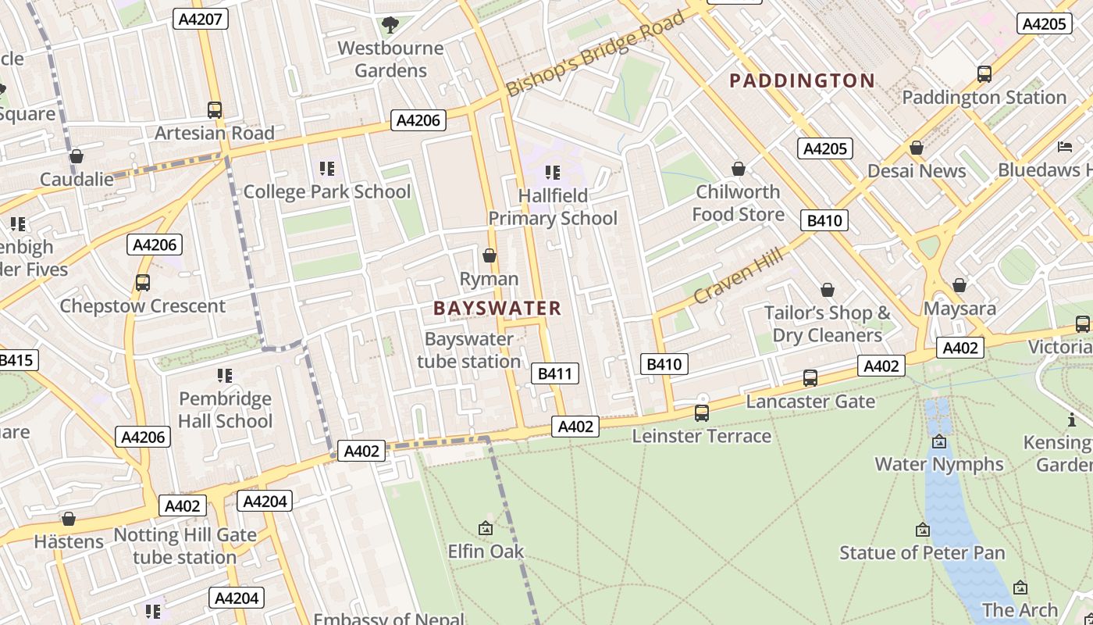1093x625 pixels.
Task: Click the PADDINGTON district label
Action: pos(802,80)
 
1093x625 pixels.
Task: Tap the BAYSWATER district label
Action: pos(497,308)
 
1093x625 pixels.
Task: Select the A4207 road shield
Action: pos(201,19)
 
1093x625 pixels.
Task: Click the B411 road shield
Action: pos(555,373)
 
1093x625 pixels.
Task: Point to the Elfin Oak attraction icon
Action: pos(486,529)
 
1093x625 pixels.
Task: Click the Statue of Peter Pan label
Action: pos(922,553)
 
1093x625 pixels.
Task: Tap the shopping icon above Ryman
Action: pos(490,255)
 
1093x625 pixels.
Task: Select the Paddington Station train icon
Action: pos(984,74)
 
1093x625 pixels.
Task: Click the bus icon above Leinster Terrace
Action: pos(702,412)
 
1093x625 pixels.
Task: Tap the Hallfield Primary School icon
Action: pos(553,172)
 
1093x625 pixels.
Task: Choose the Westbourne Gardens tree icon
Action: pos(390,25)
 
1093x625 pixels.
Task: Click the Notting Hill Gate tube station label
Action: pos(185,546)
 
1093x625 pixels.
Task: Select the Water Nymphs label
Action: pos(938,464)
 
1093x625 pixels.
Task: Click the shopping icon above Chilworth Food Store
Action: pos(738,169)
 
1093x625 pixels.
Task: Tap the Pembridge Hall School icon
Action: pos(225,376)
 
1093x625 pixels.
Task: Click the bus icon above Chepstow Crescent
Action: pos(142,283)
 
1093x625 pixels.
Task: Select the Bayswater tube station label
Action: pos(469,350)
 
